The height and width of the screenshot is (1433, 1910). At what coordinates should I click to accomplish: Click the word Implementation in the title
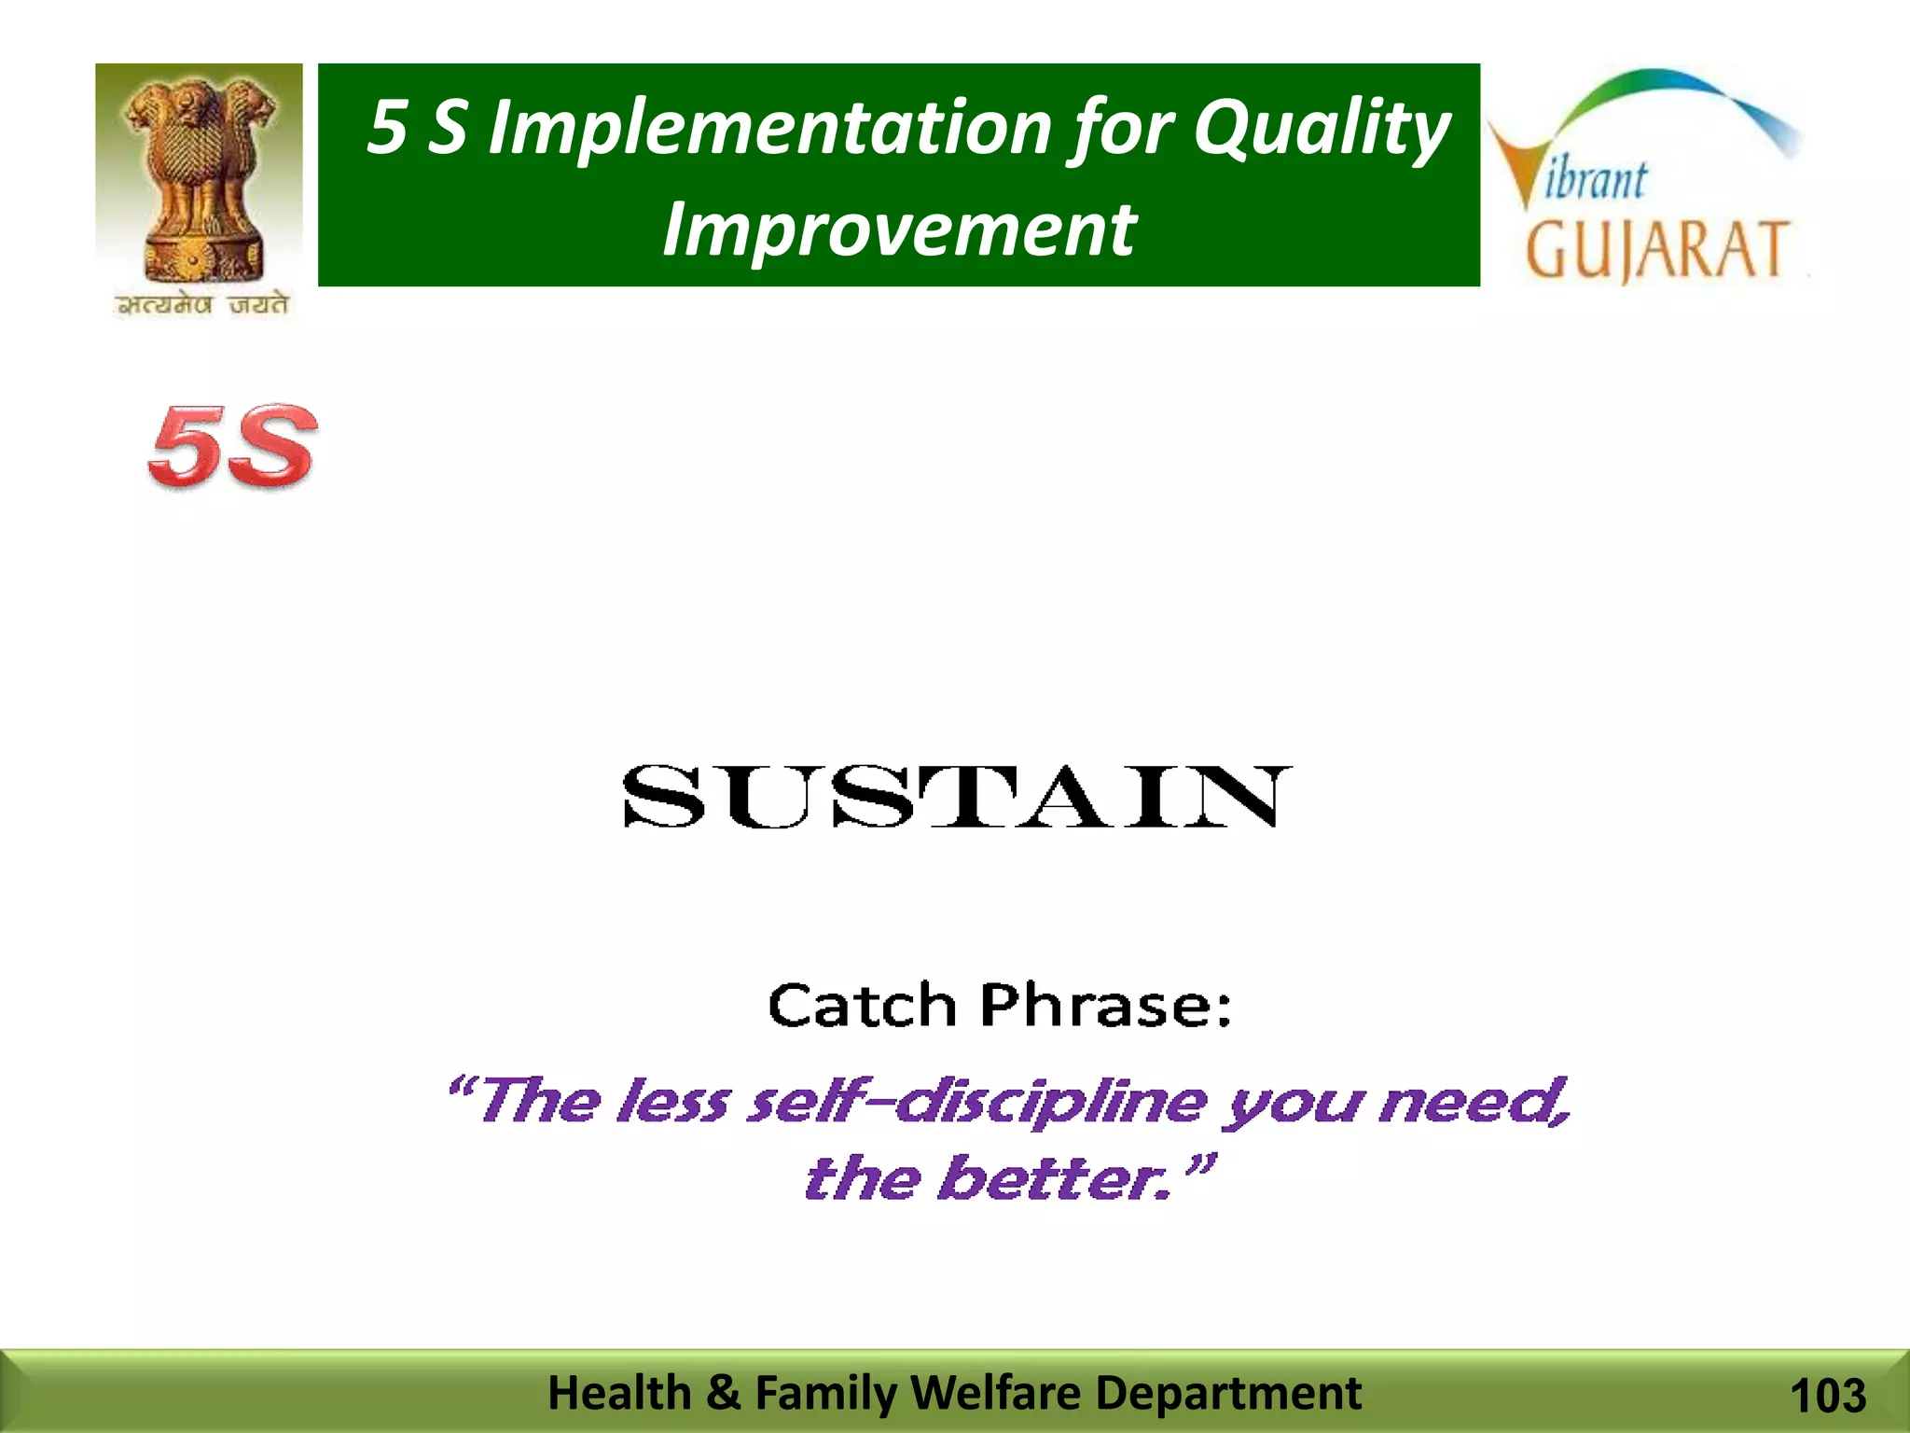coord(770,128)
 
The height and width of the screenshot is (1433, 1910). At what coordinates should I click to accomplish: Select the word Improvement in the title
coord(899,230)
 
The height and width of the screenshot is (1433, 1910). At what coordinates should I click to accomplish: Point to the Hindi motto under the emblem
coord(201,305)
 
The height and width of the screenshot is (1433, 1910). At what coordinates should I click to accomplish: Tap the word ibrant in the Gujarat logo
coord(1596,179)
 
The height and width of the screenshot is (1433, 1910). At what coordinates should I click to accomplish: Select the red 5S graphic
coord(232,446)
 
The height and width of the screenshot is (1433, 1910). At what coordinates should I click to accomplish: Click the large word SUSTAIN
coord(957,798)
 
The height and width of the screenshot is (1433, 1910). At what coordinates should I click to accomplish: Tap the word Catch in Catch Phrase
coord(862,1006)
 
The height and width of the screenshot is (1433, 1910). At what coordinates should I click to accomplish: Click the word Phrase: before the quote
coord(1106,1006)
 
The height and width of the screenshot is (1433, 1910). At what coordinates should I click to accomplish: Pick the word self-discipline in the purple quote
coord(978,1102)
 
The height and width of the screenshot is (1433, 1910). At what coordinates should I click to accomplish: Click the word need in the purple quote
coord(1472,1102)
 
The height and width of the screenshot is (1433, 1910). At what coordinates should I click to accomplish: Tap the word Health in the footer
coord(619,1393)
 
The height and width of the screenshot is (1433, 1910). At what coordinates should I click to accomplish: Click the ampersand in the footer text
coord(723,1393)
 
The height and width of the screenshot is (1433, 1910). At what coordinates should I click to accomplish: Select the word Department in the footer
coord(1228,1393)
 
